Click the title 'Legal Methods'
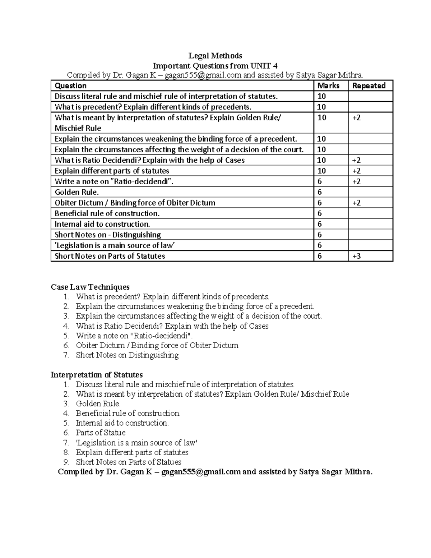point(215,56)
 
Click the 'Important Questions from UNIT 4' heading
point(215,66)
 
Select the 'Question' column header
point(71,86)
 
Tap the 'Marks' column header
point(328,86)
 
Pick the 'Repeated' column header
point(369,86)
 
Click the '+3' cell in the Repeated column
point(356,256)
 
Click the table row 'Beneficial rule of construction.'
point(107,213)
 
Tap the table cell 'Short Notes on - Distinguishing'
point(108,235)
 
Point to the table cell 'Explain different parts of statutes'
point(112,171)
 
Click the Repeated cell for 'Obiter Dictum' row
point(356,203)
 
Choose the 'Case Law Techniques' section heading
point(90,287)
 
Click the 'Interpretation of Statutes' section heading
point(97,375)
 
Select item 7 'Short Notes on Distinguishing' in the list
point(127,355)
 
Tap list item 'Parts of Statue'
point(101,433)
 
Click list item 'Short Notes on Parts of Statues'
point(128,462)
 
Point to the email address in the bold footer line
point(201,472)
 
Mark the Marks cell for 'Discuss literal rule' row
point(321,96)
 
